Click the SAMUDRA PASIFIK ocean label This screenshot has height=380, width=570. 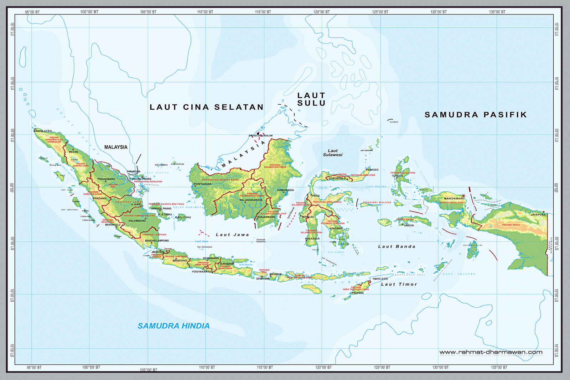coord(476,115)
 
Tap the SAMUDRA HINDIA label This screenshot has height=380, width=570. coord(173,326)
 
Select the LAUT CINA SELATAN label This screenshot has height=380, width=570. coord(207,107)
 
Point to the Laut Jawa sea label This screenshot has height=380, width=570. coord(232,235)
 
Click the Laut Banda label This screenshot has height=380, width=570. coord(397,246)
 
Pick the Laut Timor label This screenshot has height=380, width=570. coord(399,284)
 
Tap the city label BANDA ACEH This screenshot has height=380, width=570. coord(42,131)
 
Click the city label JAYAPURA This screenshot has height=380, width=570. coord(538,215)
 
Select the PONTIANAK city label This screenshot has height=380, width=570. coord(202,184)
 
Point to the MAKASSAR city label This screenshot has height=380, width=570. coord(312,239)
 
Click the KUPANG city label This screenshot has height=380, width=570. coord(359,293)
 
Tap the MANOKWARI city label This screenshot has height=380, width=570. coord(454,199)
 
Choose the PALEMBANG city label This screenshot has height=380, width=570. coord(137,221)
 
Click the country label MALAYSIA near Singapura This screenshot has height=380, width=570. coord(116,147)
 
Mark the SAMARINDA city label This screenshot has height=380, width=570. coord(285,190)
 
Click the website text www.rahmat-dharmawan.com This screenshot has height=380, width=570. coord(491,352)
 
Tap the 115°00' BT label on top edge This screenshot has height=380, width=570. coord(263,12)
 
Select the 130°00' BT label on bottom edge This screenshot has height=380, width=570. coord(441,367)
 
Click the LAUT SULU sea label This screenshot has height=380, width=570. coord(311,99)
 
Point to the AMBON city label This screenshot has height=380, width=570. coord(409,225)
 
